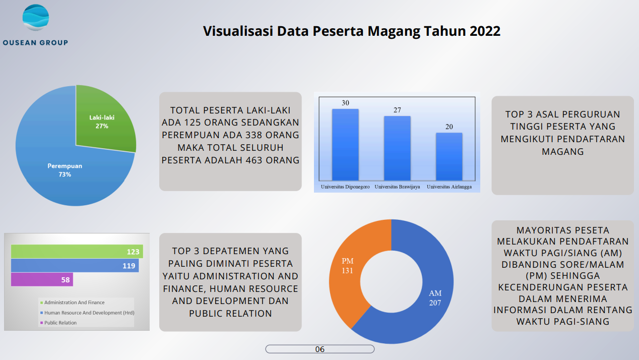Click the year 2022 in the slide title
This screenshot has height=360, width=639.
coord(485,31)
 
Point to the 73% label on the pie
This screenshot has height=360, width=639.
coord(65,174)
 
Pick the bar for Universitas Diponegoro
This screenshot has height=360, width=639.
coord(345,144)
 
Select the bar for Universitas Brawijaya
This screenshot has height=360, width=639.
coord(397,148)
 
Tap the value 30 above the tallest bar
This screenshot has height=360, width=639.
coord(345,103)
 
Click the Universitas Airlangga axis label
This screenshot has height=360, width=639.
coord(449,187)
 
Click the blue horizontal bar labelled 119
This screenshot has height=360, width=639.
coord(75,266)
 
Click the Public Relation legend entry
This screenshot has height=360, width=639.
coord(60,323)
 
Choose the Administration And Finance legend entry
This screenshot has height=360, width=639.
coord(74,303)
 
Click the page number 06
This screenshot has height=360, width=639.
coord(319,349)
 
